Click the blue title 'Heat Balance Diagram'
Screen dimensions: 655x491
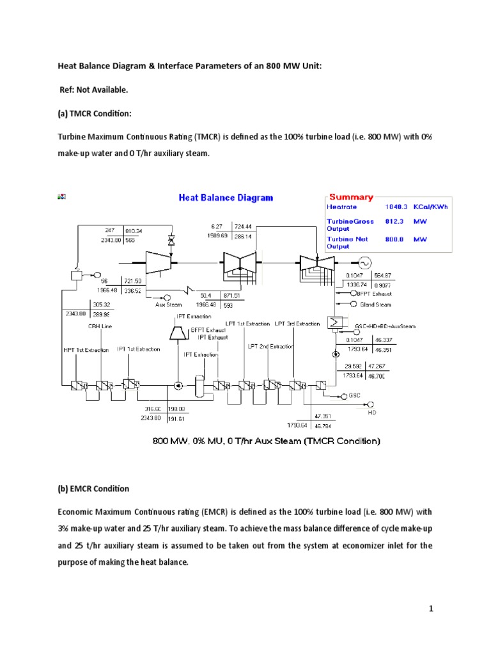(225, 198)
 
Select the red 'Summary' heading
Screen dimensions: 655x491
(350, 197)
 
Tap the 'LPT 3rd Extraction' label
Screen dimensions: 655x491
(297, 324)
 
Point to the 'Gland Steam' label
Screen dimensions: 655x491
(377, 304)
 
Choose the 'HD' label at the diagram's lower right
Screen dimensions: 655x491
(372, 413)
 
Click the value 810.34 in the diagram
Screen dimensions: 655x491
(134, 230)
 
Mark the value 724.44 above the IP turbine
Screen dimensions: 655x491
(243, 226)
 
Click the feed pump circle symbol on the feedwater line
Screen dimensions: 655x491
(177, 386)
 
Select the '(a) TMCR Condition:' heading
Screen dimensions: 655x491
(95, 113)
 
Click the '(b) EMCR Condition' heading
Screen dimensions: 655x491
(93, 489)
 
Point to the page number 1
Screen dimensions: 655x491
(432, 609)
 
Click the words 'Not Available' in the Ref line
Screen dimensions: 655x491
(101, 89)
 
